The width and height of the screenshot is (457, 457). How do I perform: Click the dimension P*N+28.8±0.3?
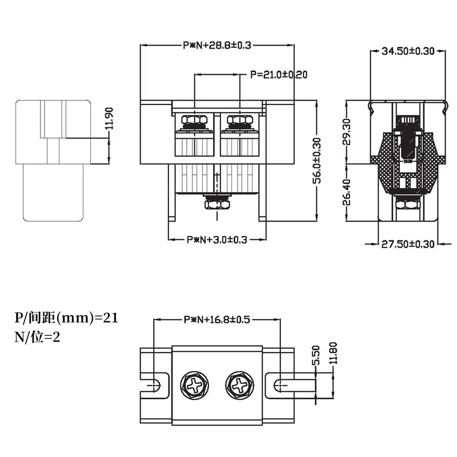click(x=217, y=45)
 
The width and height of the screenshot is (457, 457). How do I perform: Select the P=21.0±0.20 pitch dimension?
click(x=279, y=75)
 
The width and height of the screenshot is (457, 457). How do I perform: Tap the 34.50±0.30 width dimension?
click(x=408, y=51)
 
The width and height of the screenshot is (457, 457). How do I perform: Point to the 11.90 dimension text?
click(x=111, y=119)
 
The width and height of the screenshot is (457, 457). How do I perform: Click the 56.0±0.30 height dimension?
click(x=318, y=160)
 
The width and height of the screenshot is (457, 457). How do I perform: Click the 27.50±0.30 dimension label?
click(x=408, y=244)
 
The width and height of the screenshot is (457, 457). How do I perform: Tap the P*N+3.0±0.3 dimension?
click(x=217, y=240)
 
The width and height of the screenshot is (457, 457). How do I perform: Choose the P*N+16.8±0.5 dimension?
click(x=217, y=320)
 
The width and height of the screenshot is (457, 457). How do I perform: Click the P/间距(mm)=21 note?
click(x=66, y=318)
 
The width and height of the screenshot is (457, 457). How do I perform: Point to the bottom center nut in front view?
click(x=217, y=203)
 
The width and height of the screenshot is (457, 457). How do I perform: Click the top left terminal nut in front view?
click(x=194, y=121)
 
